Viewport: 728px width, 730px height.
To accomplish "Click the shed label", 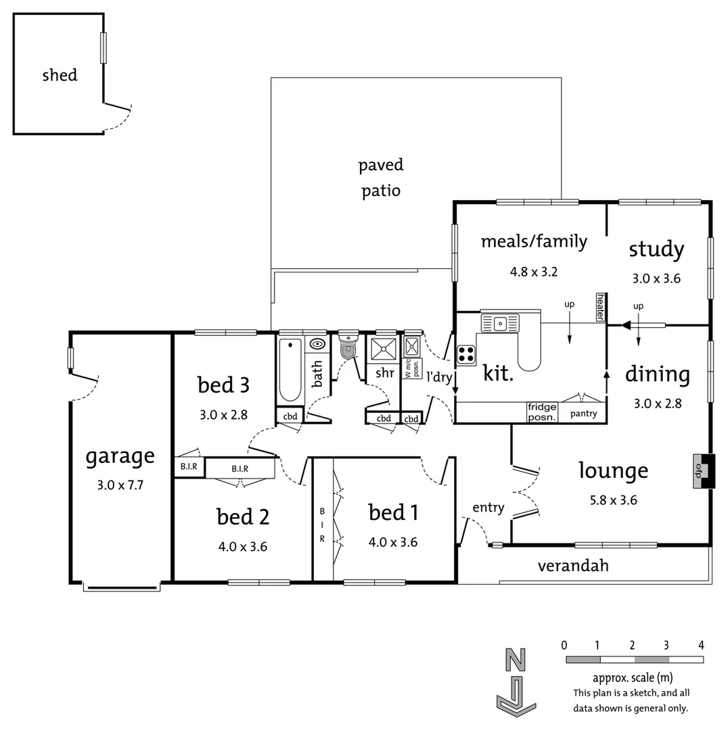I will [x=60, y=75].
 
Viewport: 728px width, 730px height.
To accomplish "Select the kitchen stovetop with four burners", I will [x=465, y=355].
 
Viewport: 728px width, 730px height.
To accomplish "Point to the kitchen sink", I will [x=500, y=323].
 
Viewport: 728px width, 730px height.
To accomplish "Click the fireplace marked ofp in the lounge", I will [x=704, y=470].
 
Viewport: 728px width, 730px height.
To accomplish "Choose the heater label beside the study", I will [x=600, y=308].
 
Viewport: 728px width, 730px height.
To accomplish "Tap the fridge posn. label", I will [x=542, y=412].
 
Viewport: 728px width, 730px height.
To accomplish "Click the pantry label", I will [x=583, y=414].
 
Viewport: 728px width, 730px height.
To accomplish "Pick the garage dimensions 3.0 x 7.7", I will [x=120, y=485].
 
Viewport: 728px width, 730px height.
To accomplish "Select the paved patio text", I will [x=380, y=178].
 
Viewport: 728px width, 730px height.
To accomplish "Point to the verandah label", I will [x=573, y=566].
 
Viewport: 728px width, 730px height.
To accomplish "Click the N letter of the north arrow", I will [x=516, y=659].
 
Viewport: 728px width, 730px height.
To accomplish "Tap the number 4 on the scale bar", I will [x=701, y=644].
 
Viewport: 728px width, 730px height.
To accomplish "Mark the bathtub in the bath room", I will [x=290, y=370].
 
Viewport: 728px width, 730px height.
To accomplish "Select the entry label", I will [x=488, y=508].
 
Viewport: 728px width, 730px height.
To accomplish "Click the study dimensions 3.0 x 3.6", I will [x=656, y=278].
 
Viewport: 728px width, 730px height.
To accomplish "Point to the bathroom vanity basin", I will [x=316, y=344].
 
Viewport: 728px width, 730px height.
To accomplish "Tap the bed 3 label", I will [x=223, y=385].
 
